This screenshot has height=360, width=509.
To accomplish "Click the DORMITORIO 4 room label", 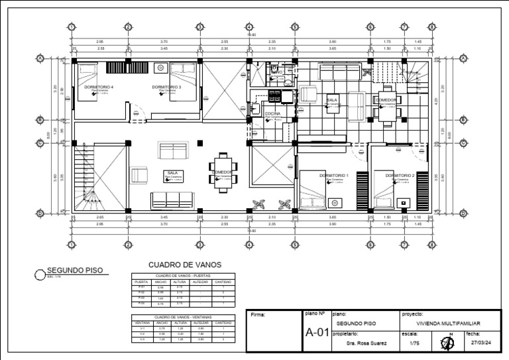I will pos(99,87).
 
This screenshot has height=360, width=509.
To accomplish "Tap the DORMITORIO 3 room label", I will pos(166,87).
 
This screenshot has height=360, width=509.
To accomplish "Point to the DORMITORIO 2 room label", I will pos(400,175).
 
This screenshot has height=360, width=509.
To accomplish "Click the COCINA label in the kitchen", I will pos(273,114).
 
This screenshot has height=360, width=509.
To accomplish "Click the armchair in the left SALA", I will pos(139,175).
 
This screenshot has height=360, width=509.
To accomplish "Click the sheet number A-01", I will pos(317,333).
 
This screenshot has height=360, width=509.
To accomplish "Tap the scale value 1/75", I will pos(415,343).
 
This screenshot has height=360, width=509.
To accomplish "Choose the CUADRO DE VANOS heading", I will pos(184,265).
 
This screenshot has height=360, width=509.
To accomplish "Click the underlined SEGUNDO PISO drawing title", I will pos(73,270).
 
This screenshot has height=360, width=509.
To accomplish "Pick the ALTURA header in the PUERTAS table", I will pos(180,282).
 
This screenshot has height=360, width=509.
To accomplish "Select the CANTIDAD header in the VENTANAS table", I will pos(222,323).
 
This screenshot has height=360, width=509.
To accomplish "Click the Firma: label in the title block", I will pos(259,315).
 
